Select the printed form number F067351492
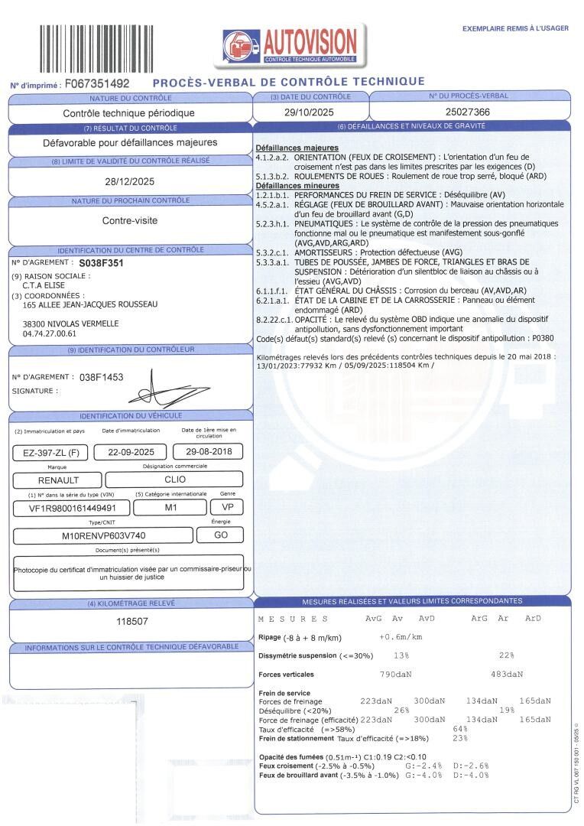pos(97,83)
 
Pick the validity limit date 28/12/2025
pos(129,182)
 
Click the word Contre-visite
pos(129,221)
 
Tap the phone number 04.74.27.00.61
pos(50,334)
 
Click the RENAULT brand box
pos(57,480)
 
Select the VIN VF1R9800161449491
pos(73,508)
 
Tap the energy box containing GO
pos(221,535)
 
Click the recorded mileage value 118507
pos(131,622)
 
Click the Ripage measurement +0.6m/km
pos(401,637)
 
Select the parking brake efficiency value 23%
pos(460,738)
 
